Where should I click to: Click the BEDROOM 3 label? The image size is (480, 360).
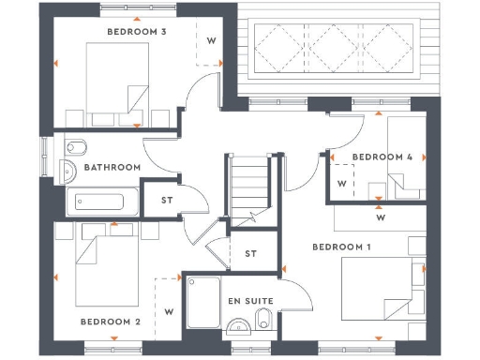[137, 32]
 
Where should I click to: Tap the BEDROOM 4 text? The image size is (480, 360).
[382, 157]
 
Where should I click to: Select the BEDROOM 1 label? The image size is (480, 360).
[341, 247]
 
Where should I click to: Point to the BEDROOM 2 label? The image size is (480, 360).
[110, 322]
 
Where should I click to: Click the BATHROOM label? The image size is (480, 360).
[112, 168]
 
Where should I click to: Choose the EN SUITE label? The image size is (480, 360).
[250, 301]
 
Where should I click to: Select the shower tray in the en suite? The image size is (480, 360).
[202, 304]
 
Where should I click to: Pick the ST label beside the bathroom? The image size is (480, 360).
[167, 200]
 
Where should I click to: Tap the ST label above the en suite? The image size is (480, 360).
[250, 253]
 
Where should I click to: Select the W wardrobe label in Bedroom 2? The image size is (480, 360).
[169, 309]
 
